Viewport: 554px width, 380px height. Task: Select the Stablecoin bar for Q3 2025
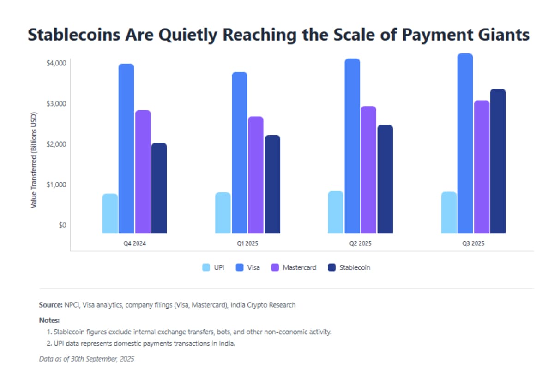tap(498, 161)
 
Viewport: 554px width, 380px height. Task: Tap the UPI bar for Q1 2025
tap(223, 213)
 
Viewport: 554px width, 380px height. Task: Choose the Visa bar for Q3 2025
tap(465, 143)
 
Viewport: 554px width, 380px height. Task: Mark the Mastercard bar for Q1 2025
tap(256, 175)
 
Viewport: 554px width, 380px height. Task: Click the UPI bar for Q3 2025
tap(449, 213)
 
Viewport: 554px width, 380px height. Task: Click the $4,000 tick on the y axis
tap(56, 63)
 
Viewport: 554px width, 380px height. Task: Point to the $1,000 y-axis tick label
tap(56, 184)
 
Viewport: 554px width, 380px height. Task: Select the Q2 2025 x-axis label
tap(361, 243)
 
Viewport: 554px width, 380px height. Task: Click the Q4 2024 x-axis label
tap(134, 243)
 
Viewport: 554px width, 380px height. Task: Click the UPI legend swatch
tap(206, 267)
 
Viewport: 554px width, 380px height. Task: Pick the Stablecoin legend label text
tap(355, 267)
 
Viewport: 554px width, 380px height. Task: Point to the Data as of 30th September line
tap(87, 358)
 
